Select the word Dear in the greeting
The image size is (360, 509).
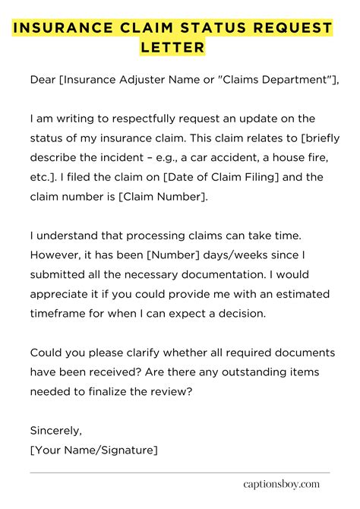(x=43, y=80)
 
